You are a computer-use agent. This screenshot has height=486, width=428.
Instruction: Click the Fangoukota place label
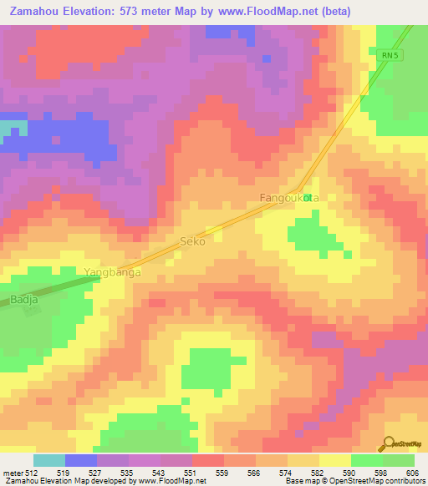click(289, 198)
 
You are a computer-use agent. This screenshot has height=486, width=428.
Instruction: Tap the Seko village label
click(192, 240)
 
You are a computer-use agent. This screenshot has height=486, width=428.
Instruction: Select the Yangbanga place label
click(112, 272)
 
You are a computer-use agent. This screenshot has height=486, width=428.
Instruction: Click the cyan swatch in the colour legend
click(49, 461)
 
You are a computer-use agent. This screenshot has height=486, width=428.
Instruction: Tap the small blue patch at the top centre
click(267, 59)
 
